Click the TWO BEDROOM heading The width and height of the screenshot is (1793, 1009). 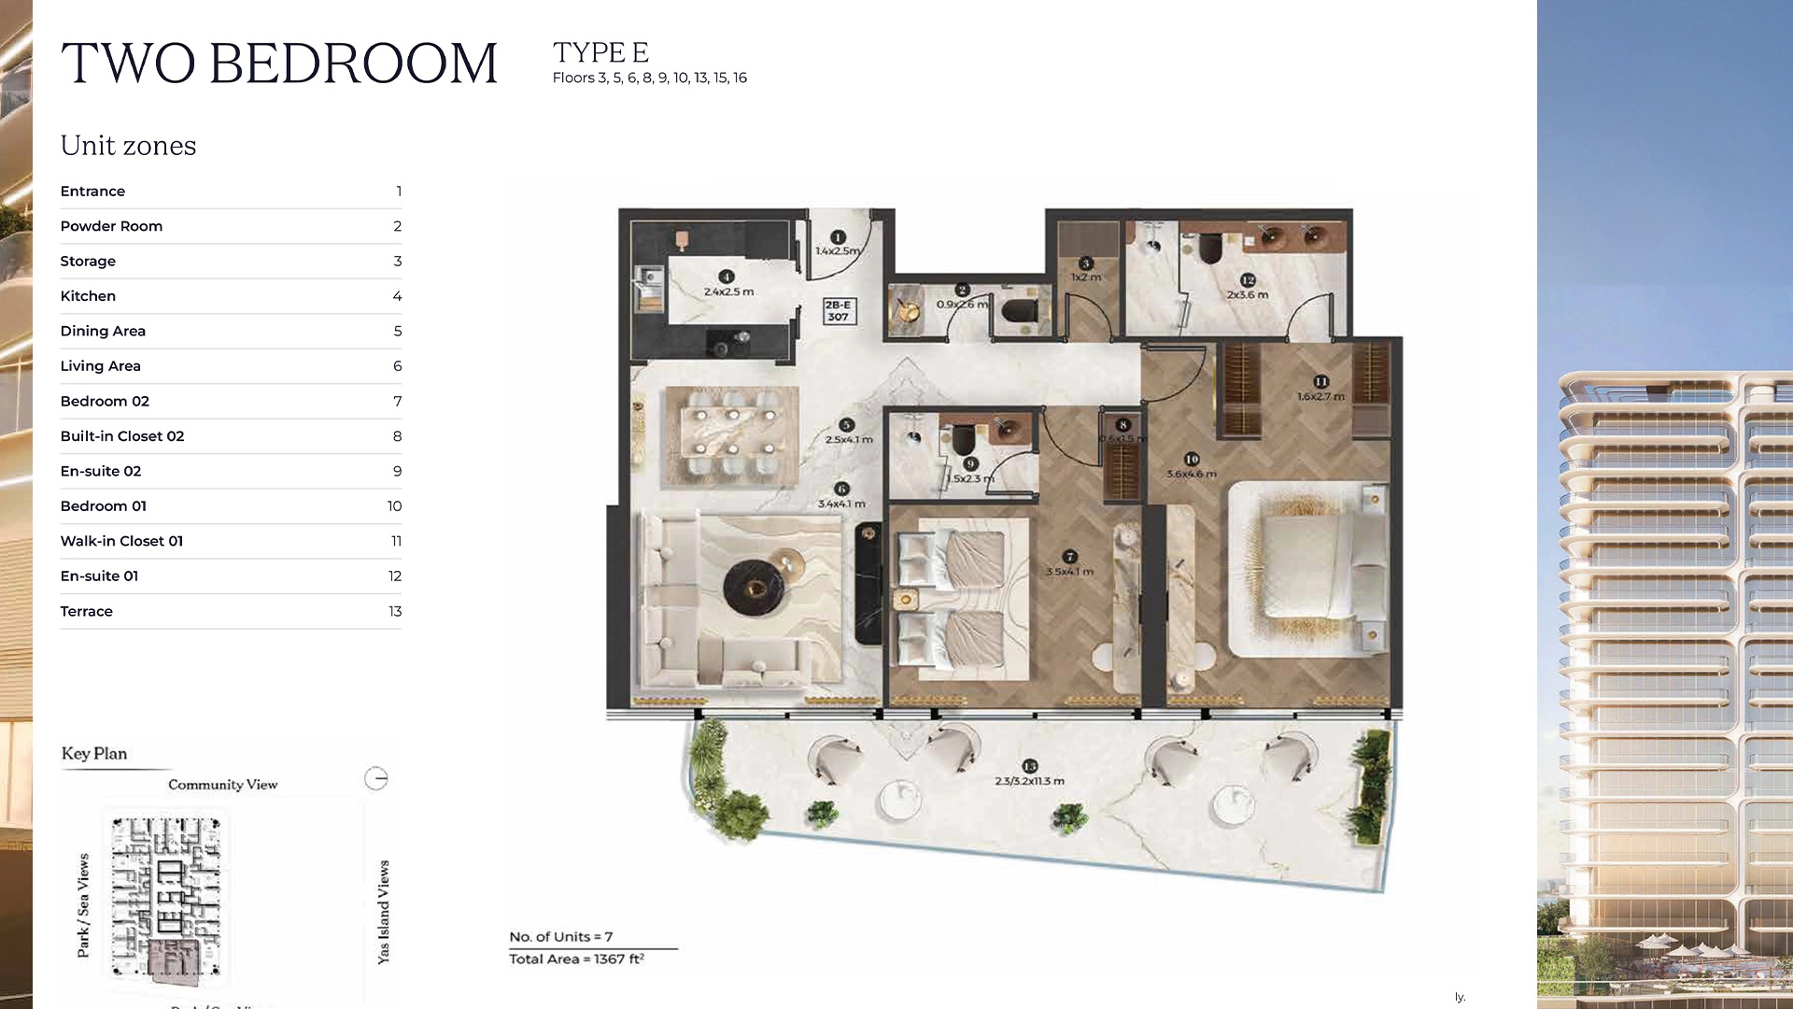(278, 64)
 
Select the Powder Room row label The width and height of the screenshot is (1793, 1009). (111, 226)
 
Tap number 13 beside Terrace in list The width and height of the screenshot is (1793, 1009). (395, 611)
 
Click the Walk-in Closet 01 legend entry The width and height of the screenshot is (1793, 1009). (121, 541)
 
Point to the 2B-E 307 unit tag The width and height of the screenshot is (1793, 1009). (838, 311)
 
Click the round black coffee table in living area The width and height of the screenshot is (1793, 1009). (754, 587)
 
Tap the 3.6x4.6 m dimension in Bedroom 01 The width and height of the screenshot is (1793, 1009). (1192, 474)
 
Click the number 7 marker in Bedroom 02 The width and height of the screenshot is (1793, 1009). (1070, 557)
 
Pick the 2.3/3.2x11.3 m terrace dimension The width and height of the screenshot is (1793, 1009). (1029, 781)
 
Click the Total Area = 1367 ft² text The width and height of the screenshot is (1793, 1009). (576, 959)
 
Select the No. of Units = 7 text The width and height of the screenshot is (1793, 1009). (560, 936)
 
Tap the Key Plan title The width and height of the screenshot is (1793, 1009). (94, 754)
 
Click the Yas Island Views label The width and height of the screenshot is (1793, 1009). (383, 912)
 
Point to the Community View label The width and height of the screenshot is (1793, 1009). (222, 785)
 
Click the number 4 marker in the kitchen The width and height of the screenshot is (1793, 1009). (727, 277)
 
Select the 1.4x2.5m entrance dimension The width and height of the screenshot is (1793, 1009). (838, 250)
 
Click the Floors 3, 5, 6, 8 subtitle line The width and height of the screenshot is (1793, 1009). (649, 78)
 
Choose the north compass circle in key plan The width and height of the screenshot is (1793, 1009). (375, 778)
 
